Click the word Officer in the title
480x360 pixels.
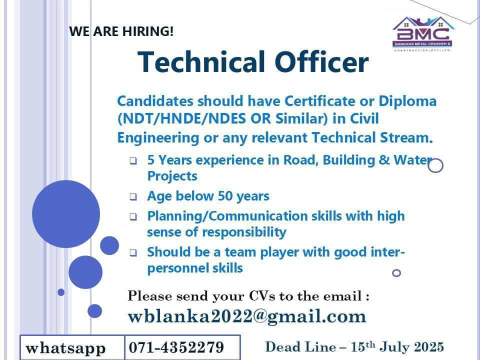[x=321, y=62]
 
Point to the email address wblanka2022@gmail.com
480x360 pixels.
[x=247, y=316]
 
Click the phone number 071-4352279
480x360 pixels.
[x=176, y=347]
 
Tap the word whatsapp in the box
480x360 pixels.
[x=66, y=348]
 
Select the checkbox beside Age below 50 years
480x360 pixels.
[x=133, y=196]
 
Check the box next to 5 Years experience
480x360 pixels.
[x=133, y=160]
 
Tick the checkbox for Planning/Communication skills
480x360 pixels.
[x=133, y=216]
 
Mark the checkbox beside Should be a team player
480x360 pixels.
[x=133, y=253]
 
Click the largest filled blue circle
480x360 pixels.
[x=66, y=214]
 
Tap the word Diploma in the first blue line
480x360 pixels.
[x=407, y=101]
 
